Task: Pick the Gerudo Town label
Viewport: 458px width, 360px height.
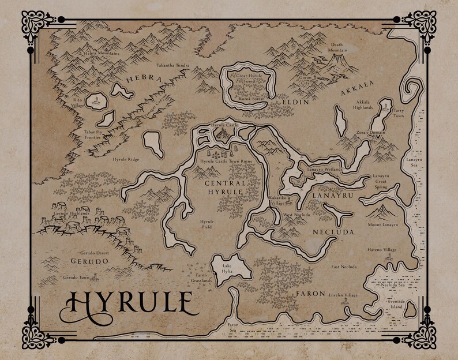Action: click(76, 277)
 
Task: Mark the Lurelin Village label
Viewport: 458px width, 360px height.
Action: click(344, 294)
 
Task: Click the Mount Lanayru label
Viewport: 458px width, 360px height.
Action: click(382, 225)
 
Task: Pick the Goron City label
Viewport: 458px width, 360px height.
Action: click(305, 79)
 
